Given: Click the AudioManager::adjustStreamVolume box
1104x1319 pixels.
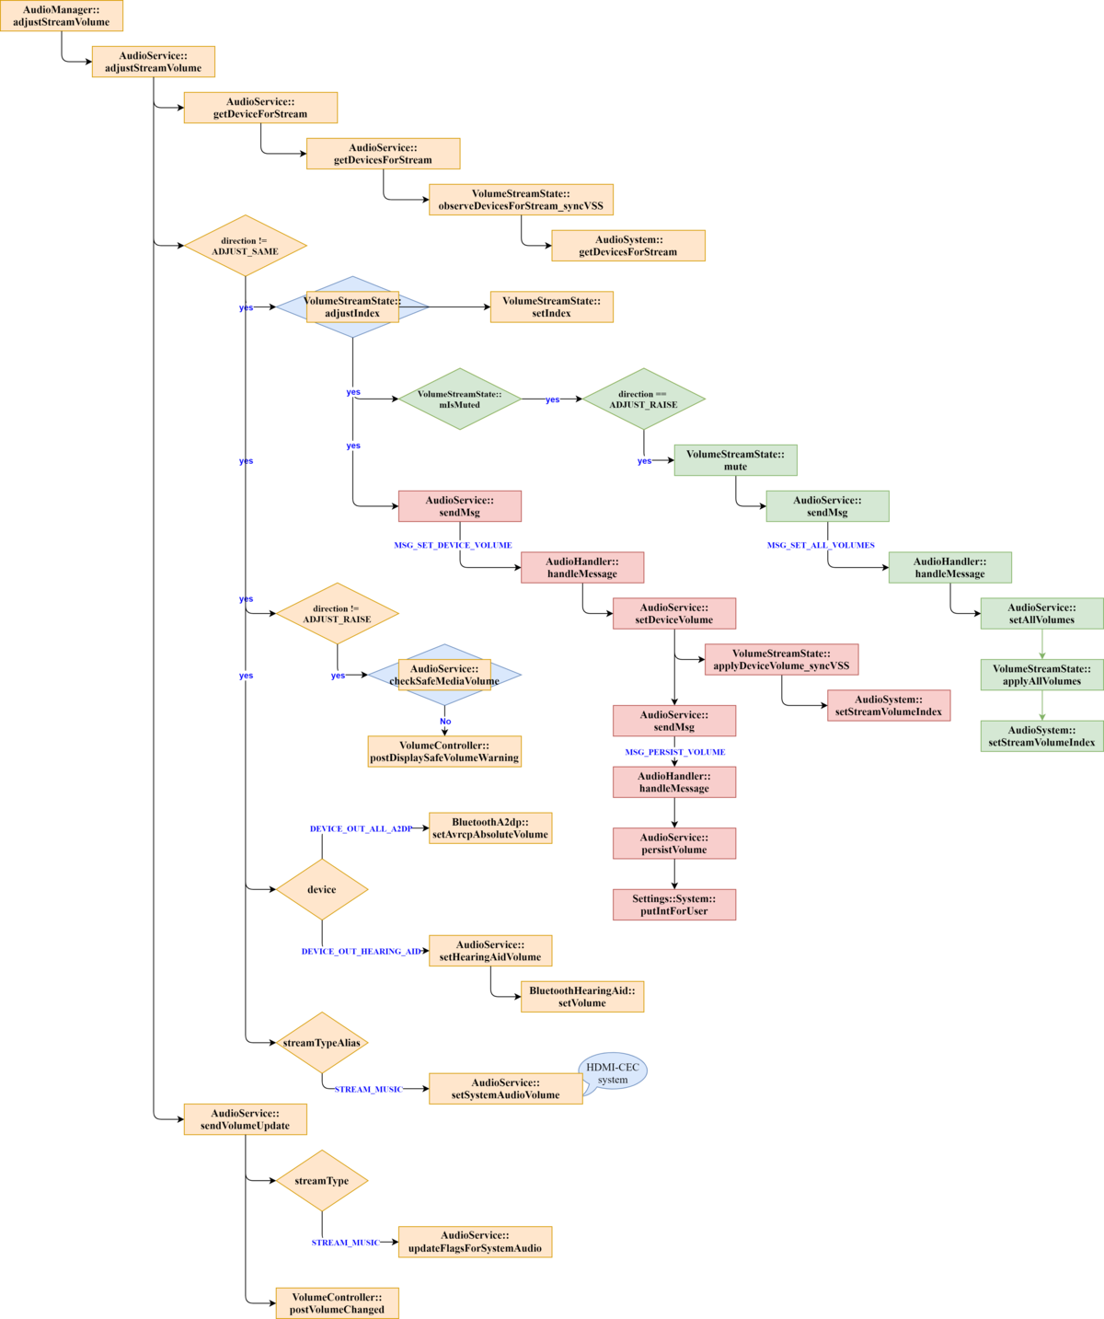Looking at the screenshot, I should [x=61, y=16].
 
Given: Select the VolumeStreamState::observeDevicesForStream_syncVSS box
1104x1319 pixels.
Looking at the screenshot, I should [x=521, y=200].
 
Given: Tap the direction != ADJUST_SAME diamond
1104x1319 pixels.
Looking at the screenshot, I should [x=246, y=246].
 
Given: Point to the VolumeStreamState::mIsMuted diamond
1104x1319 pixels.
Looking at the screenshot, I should [x=460, y=399].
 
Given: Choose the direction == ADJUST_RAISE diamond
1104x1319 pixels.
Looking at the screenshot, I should [x=644, y=399].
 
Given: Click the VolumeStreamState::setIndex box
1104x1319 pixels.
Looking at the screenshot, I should [x=551, y=307].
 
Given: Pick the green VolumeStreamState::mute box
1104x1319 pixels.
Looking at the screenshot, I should [x=735, y=460].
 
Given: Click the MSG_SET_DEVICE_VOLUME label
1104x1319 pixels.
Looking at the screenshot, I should [x=453, y=545].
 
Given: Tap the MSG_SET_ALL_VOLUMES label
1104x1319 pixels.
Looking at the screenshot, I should [x=821, y=545].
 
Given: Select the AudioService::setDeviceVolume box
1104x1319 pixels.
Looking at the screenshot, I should [x=674, y=614].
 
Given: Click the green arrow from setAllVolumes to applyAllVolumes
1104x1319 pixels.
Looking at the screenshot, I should [x=1042, y=644].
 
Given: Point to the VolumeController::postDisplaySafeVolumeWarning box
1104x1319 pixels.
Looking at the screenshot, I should [x=444, y=751].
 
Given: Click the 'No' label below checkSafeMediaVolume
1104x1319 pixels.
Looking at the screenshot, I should [x=445, y=722].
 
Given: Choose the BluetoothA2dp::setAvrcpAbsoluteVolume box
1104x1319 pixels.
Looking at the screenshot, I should [x=490, y=828].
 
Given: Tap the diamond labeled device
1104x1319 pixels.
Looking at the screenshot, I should [x=322, y=889].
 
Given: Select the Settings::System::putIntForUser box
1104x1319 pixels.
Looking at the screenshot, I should [x=674, y=905].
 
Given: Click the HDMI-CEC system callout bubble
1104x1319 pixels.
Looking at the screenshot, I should [x=613, y=1073].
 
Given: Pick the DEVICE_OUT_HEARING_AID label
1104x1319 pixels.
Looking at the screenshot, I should [x=361, y=951].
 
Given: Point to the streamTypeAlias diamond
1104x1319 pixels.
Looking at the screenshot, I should [x=322, y=1043].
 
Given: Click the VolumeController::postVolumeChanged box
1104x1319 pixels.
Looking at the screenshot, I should [x=337, y=1303].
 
